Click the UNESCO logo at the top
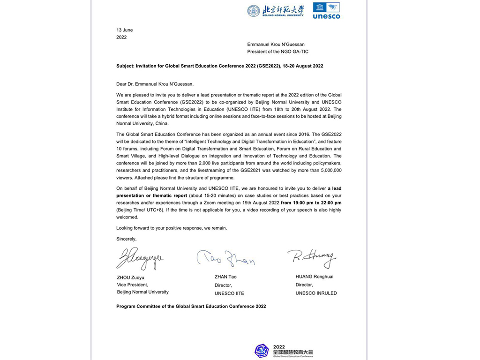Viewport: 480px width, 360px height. coord(326,10)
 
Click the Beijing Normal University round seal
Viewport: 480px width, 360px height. coord(253,11)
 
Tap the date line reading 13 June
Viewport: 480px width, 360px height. coord(125,30)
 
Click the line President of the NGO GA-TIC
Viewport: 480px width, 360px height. coord(278,52)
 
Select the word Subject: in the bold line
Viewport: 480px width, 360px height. coord(126,66)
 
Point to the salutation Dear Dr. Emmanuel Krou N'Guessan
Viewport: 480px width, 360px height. coord(155,84)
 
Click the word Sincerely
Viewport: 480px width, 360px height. coord(126,239)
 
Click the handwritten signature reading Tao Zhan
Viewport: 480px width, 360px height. coord(225,258)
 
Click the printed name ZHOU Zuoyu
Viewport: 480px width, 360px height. coord(131,277)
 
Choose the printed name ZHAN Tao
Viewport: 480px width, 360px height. coord(225,277)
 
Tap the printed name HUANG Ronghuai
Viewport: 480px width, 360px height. coord(315,277)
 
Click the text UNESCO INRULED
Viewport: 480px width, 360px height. coord(316,293)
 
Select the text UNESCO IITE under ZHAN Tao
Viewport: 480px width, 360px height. coord(229,293)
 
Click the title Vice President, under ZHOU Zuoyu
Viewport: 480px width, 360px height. coord(133,285)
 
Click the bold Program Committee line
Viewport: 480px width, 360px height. coord(191,306)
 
